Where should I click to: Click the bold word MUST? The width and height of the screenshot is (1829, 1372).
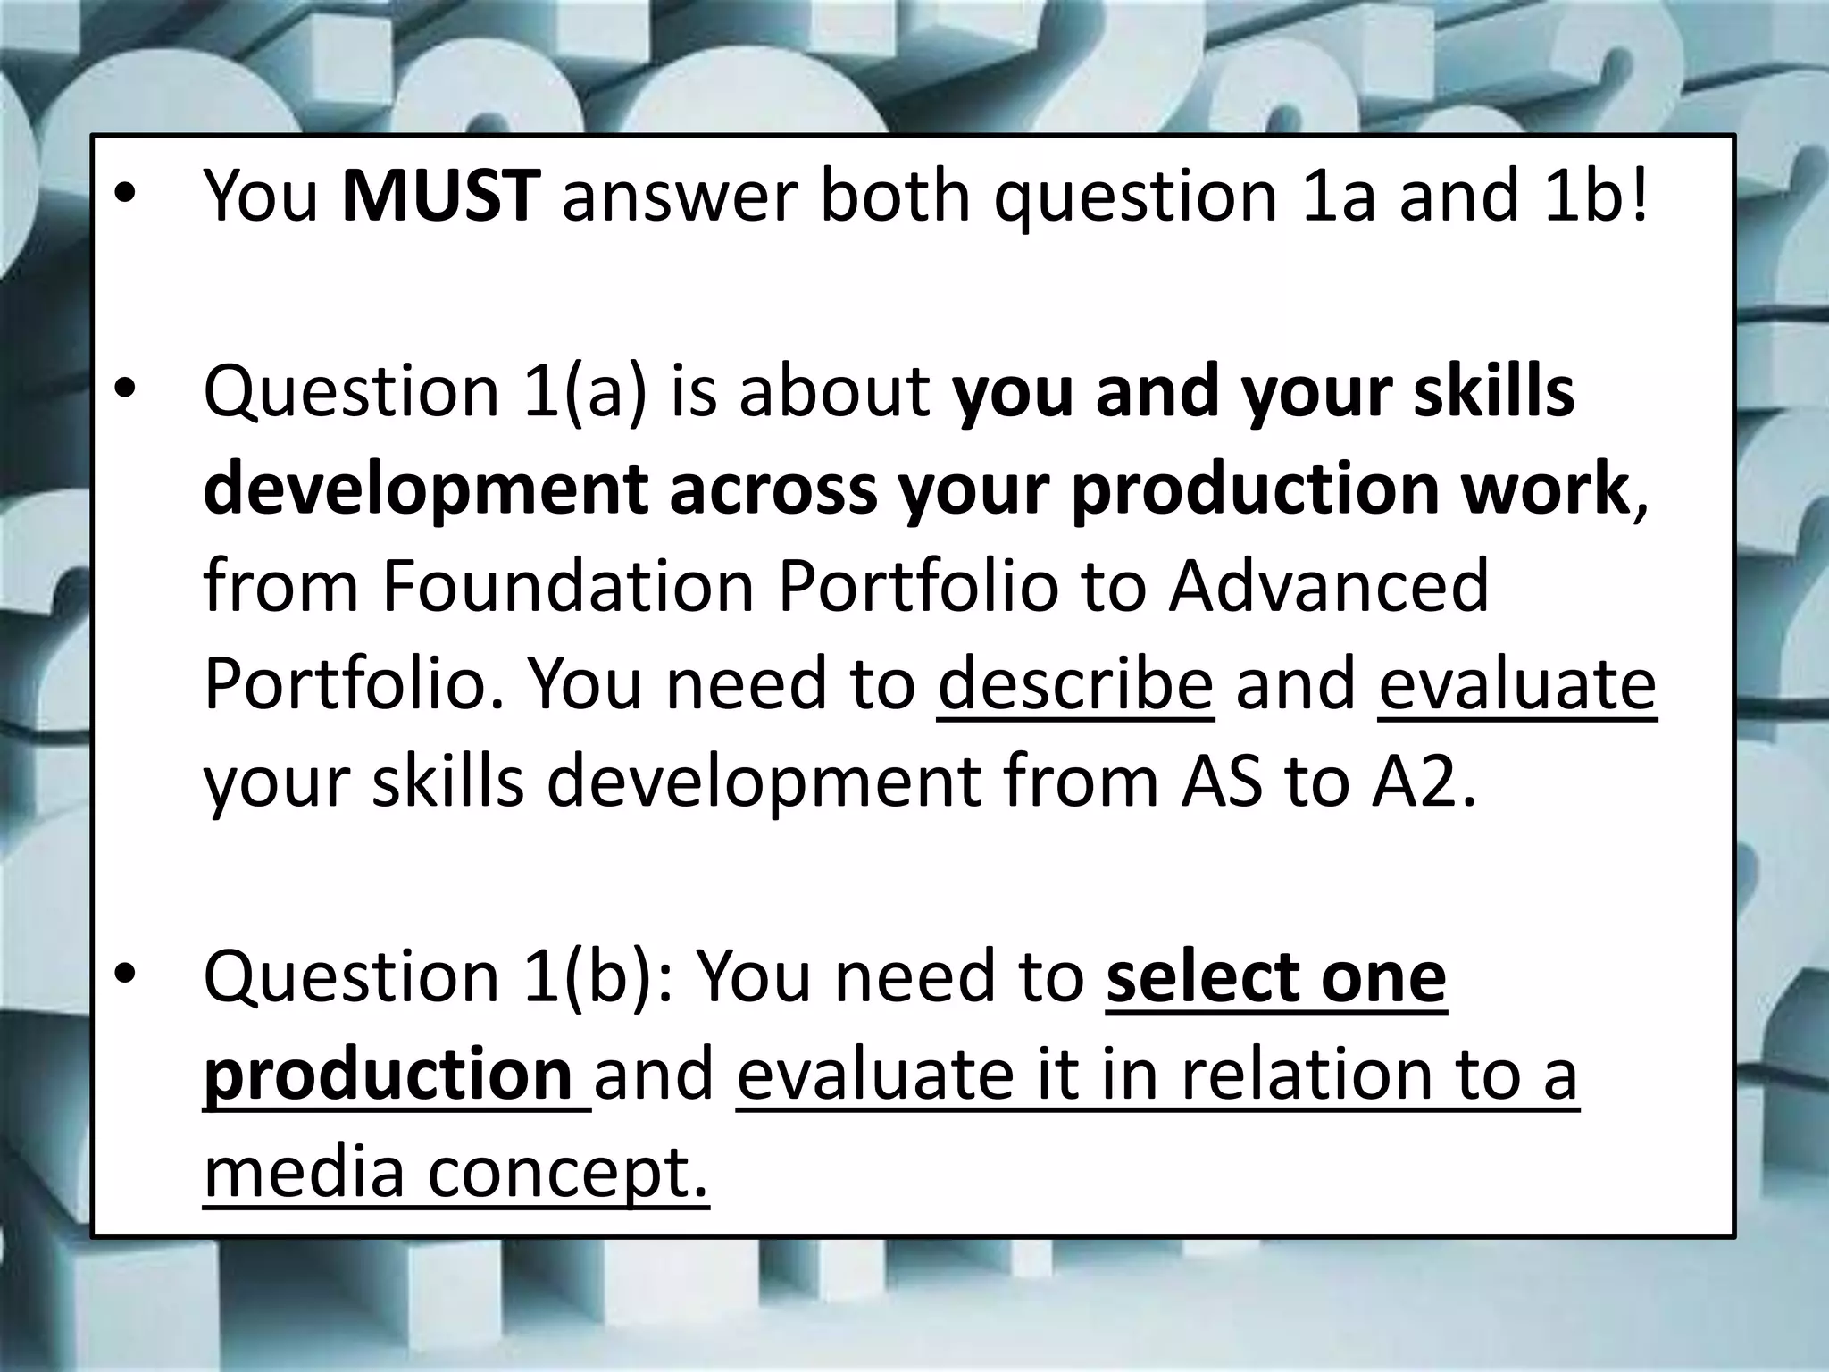[440, 196]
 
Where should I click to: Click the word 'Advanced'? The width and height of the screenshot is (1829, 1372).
[1329, 586]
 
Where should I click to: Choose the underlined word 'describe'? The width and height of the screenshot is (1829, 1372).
[1075, 684]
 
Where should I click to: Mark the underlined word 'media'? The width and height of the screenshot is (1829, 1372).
[305, 1171]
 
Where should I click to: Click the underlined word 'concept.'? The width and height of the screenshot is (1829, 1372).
[568, 1173]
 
